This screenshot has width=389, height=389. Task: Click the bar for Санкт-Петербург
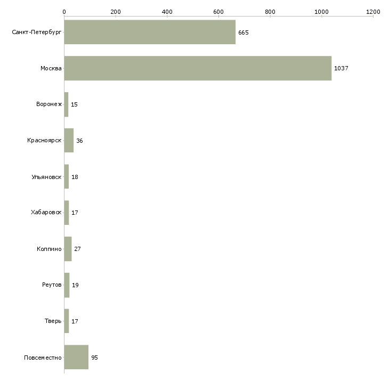coord(150,32)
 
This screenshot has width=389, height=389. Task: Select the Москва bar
coord(198,68)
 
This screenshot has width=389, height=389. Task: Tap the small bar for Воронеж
coord(66,104)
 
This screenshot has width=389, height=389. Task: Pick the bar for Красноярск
coord(69,141)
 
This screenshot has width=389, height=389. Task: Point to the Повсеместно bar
coord(76,357)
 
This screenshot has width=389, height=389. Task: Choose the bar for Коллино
coord(68,249)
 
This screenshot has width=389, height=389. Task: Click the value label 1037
coord(341,68)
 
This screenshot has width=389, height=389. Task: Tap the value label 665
coord(244,33)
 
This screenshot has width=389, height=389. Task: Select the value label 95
coord(94,358)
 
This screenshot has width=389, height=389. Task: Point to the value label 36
coord(79,141)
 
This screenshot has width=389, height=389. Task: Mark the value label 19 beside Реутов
coord(75,285)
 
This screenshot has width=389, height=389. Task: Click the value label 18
coord(75,177)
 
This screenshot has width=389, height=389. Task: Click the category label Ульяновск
coord(46,177)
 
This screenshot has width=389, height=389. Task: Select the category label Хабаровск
coord(46,213)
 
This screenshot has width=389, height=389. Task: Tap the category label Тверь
coord(53,321)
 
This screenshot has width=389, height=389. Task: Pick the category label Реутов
coord(52,285)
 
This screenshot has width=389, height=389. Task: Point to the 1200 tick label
coord(373,12)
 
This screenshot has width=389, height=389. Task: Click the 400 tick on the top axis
coord(167,12)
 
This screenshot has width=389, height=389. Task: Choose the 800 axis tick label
coord(270,12)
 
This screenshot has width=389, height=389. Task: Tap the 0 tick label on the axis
coord(64,12)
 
